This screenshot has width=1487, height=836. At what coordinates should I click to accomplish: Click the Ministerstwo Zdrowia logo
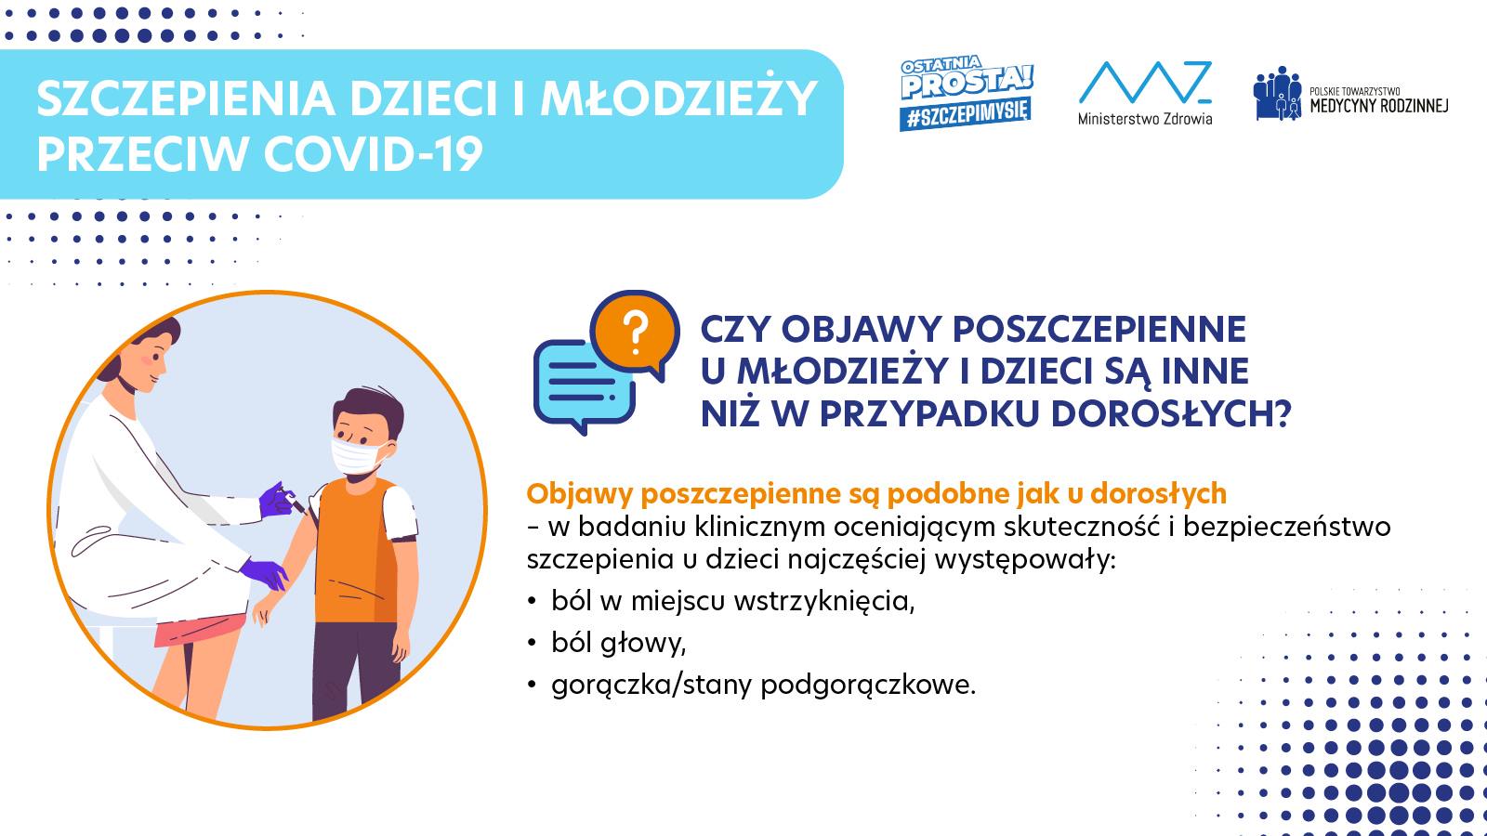[x=1144, y=93]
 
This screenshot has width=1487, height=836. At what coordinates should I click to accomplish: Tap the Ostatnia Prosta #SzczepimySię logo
[x=967, y=94]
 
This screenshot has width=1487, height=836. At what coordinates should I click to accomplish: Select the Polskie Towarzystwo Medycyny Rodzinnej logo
[x=1351, y=94]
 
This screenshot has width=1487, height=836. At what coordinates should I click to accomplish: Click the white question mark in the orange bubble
[x=636, y=333]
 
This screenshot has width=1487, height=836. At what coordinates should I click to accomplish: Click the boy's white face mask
[x=359, y=455]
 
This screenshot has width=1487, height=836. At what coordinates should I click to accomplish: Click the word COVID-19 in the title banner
[x=373, y=154]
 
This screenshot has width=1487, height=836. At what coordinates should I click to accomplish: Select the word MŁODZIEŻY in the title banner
[x=678, y=98]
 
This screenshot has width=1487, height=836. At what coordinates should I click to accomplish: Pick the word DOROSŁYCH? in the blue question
[x=1171, y=413]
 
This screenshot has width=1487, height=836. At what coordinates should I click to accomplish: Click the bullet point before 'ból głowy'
[x=532, y=643]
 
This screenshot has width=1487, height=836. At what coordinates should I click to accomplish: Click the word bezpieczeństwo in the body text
[x=1286, y=526]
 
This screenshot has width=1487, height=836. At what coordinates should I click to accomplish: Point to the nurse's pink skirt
[x=199, y=629]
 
